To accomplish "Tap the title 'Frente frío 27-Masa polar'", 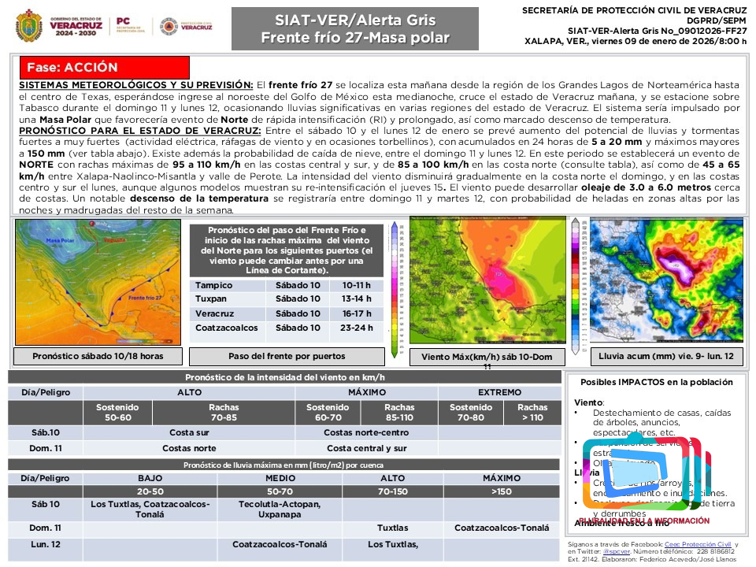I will coord(354,38).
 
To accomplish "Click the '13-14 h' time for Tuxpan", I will coord(357,299).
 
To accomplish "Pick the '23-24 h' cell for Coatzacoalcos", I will coord(357,328).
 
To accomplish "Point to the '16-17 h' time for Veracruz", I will coord(357,313).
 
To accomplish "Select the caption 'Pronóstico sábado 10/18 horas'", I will coord(98,356).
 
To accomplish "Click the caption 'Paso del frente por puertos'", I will coord(287,356).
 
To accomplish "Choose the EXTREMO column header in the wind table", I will coord(499,392).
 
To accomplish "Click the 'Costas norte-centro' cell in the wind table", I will coord(365,432).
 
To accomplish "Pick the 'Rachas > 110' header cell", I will coord(532,412).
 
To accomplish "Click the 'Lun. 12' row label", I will coord(45,544).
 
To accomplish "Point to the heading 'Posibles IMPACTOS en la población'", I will coord(656,382).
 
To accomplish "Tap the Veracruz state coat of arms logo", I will coord(29,26).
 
